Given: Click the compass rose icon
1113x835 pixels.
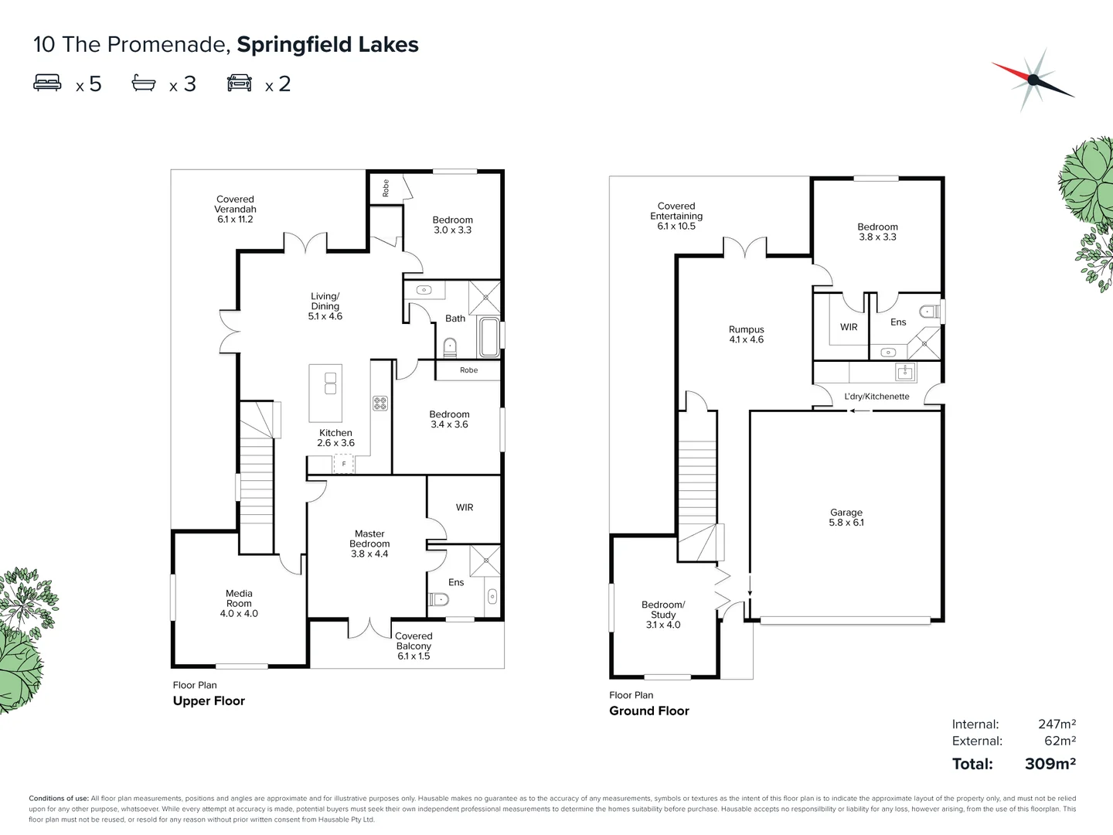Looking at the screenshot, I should click(x=1033, y=79).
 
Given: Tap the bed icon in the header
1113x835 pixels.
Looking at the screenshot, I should click(x=47, y=83).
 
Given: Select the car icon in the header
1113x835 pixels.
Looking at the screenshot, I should click(x=240, y=83).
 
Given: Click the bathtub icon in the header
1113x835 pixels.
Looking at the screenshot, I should click(x=144, y=83).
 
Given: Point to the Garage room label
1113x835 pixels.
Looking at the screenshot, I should click(x=846, y=517).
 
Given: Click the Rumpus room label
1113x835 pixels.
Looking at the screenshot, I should click(x=746, y=334).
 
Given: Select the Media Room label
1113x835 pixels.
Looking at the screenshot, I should click(x=239, y=603).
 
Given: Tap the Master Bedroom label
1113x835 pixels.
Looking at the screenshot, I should click(x=369, y=544).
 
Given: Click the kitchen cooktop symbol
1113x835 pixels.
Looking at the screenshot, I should click(x=380, y=403).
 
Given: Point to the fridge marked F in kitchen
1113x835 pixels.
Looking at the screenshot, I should click(x=343, y=464).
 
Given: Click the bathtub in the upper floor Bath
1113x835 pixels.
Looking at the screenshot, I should click(x=488, y=337).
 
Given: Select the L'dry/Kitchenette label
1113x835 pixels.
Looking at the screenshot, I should click(x=876, y=397).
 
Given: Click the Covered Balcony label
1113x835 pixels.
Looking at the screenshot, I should click(x=414, y=646).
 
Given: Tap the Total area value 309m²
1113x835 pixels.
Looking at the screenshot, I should click(x=1050, y=764).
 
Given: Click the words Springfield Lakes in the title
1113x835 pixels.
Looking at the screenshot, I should click(x=328, y=45).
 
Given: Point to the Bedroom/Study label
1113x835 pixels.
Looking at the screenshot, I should click(x=663, y=615).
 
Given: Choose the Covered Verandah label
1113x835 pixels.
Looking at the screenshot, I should click(x=235, y=209).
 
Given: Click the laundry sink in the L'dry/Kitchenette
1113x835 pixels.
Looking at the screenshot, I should click(x=905, y=373).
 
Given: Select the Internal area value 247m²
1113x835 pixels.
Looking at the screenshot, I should click(x=1056, y=724).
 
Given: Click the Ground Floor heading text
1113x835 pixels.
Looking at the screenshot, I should click(x=648, y=711).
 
